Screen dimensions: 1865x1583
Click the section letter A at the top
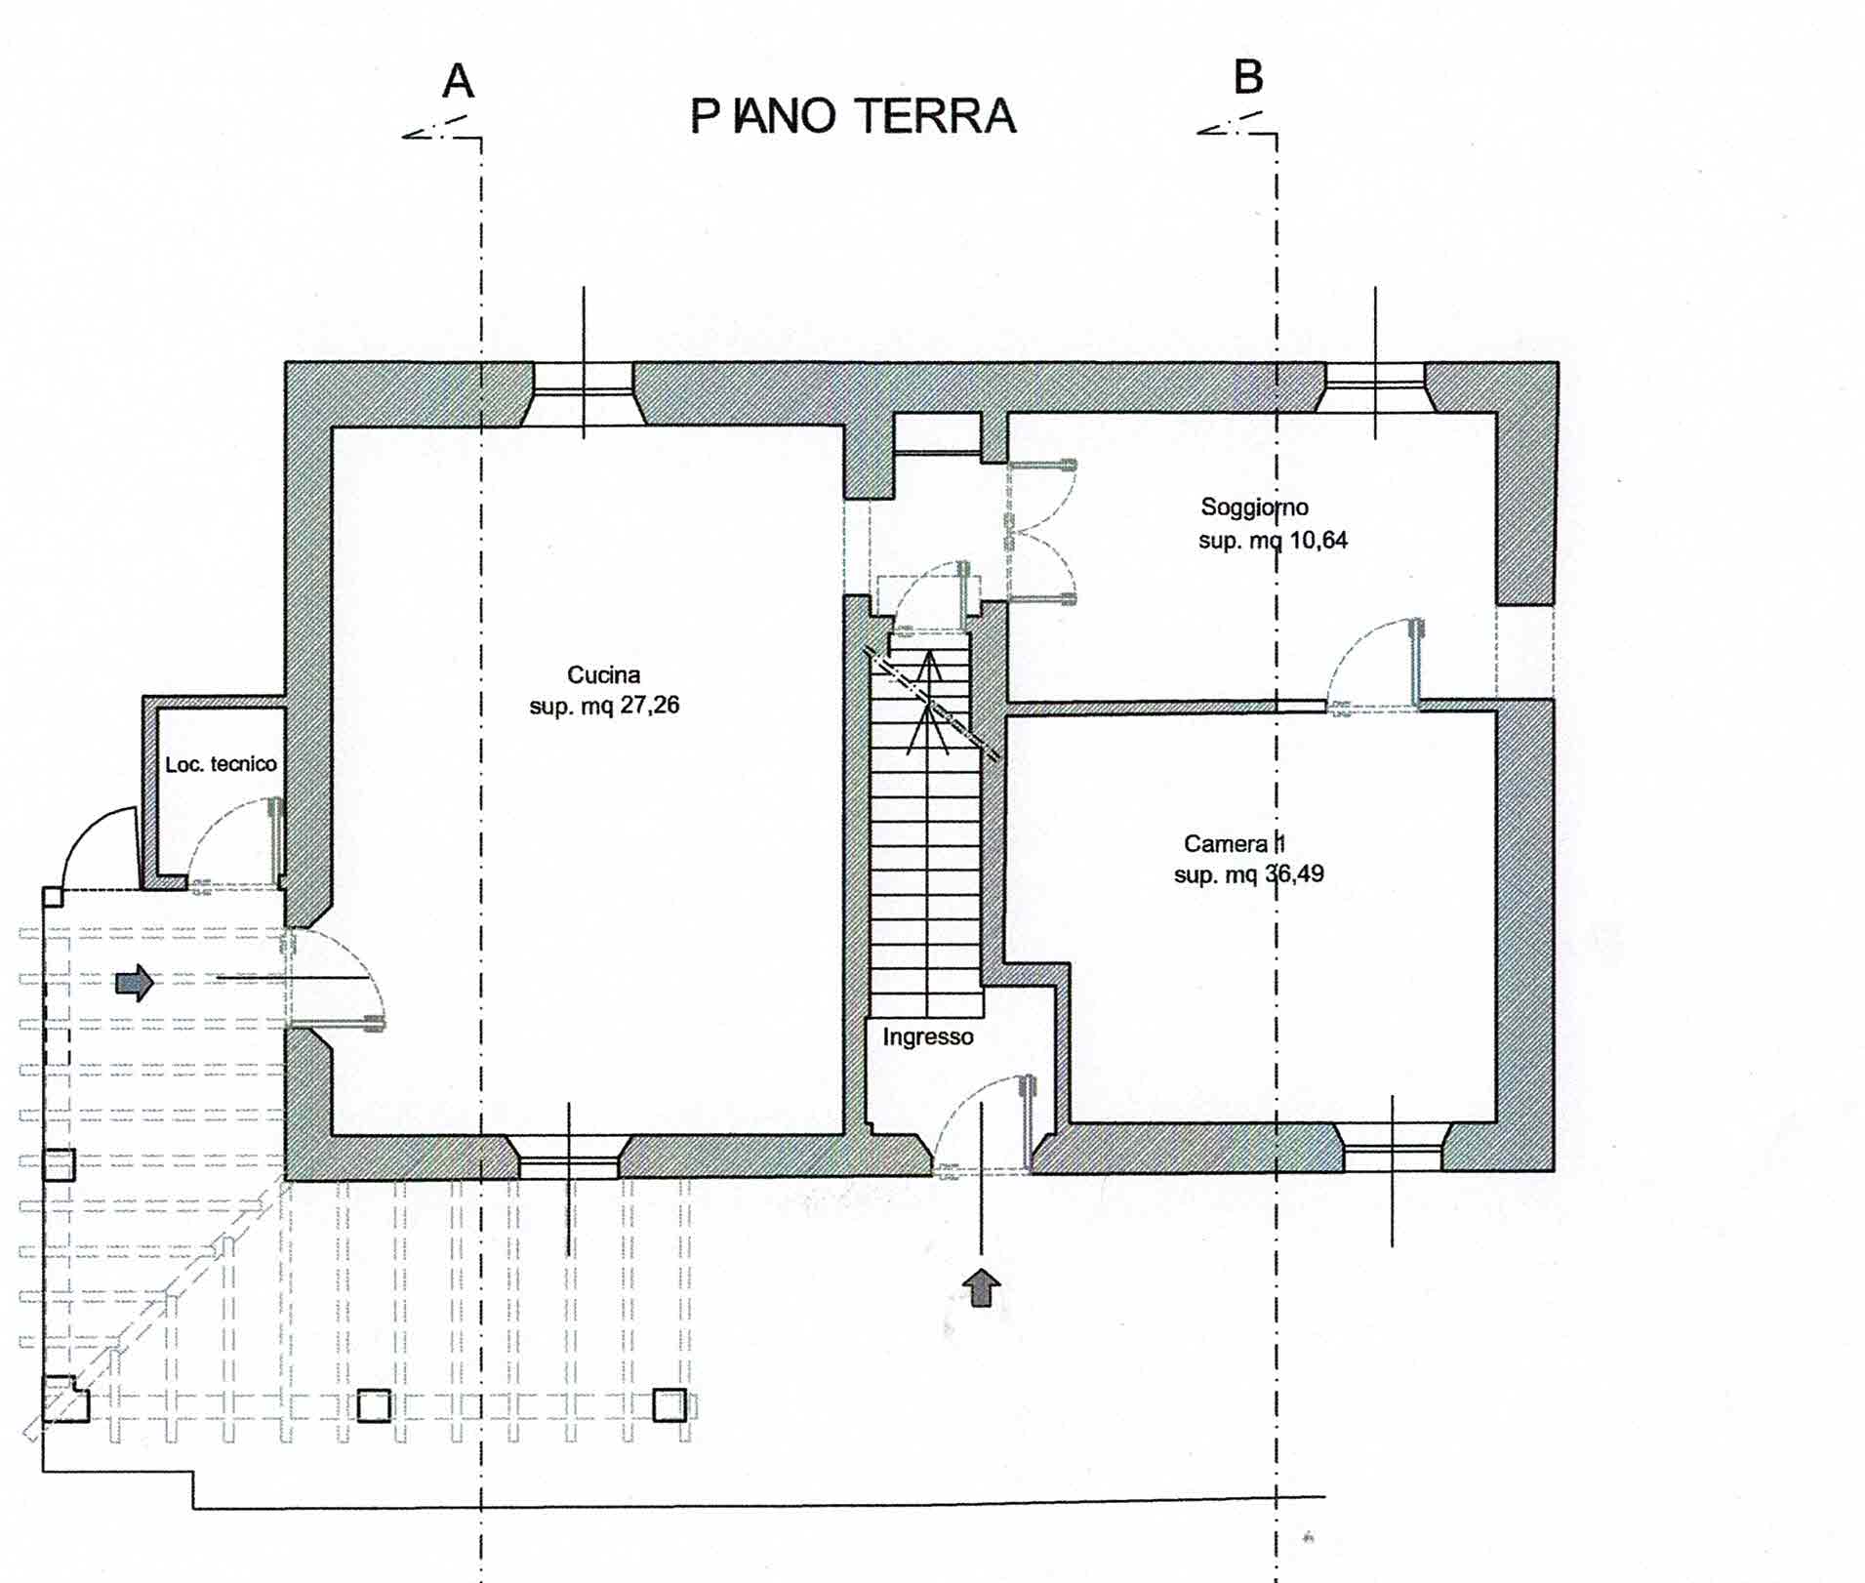[x=458, y=81]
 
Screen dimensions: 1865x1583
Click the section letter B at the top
[x=1248, y=77]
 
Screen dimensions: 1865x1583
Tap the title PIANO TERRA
[x=853, y=116]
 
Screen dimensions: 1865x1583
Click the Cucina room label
[x=603, y=674]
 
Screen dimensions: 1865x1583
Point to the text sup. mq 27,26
[x=604, y=705]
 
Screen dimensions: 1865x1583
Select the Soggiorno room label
[x=1254, y=507]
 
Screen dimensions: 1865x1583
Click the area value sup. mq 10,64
[x=1273, y=540]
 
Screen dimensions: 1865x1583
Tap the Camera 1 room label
[x=1235, y=843]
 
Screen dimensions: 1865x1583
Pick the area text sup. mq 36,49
[x=1248, y=874]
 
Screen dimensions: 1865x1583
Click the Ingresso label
[x=928, y=1036]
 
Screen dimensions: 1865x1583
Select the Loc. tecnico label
[x=221, y=764]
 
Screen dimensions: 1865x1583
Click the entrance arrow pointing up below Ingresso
[x=982, y=1287]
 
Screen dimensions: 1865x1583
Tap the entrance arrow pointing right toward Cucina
[x=135, y=983]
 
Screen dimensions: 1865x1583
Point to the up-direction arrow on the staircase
[x=929, y=703]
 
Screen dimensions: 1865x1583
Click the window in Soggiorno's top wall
[x=1375, y=387]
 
